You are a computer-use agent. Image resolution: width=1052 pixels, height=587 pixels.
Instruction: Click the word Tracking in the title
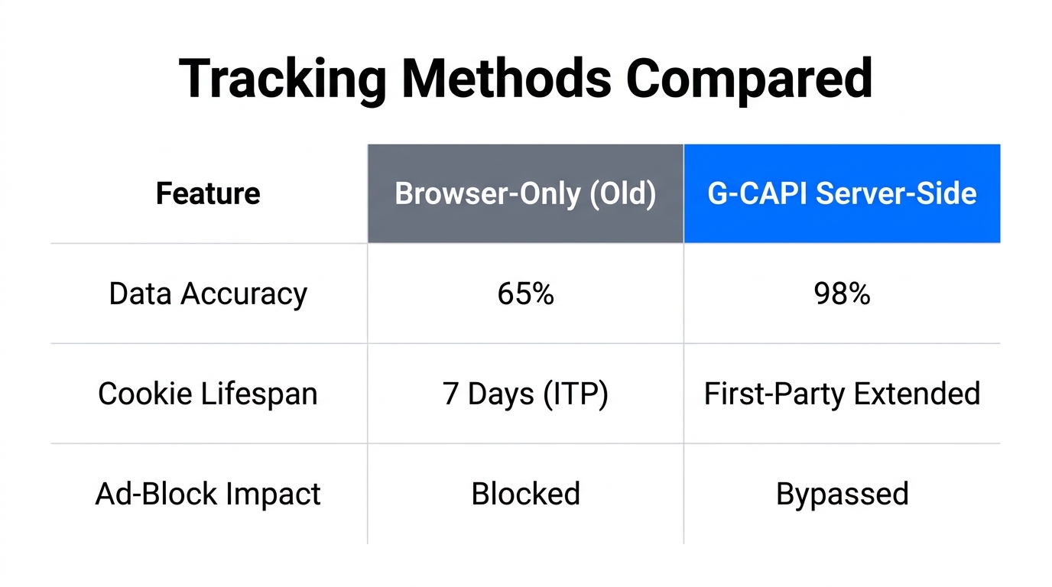coord(282,79)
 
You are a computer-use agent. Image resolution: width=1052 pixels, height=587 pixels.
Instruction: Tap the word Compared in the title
coord(749,79)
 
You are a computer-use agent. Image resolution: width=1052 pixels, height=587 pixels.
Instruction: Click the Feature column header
coord(208,193)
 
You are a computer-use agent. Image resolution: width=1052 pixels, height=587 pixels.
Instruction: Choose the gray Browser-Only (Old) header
coord(525,193)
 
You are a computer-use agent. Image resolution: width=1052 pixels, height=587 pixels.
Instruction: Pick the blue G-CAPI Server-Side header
coord(842,193)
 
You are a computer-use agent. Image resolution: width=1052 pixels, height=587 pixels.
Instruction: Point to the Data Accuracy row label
coord(208,293)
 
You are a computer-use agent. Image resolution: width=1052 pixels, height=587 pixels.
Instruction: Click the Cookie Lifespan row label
coord(208,394)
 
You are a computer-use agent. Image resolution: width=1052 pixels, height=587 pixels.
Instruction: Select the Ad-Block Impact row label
coord(208,494)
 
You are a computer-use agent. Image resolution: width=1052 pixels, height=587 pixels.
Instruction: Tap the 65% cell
coord(525,293)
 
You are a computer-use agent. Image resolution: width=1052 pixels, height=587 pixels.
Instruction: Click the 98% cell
coord(842,293)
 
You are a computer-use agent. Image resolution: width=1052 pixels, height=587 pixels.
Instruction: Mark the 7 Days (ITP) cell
coord(525,394)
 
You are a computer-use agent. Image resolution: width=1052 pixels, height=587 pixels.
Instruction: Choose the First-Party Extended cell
coord(842,394)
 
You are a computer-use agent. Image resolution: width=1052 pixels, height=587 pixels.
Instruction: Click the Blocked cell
coord(525,494)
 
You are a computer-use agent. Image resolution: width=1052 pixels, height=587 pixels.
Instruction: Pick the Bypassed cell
coord(842,494)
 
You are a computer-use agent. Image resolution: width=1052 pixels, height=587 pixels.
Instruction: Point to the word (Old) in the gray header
coord(623,193)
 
